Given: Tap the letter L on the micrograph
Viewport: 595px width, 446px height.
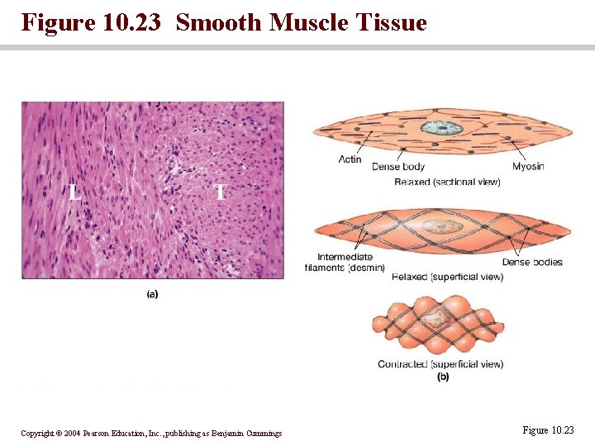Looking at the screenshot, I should [x=74, y=192].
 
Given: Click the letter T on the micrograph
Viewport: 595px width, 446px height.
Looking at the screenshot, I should [x=220, y=192].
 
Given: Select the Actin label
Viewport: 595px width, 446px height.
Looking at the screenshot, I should [x=350, y=159].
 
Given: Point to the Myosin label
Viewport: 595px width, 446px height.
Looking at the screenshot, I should [x=527, y=167].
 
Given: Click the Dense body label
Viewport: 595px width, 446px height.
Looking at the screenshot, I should [x=398, y=167].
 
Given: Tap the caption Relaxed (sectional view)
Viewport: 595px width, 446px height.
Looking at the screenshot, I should [x=447, y=182].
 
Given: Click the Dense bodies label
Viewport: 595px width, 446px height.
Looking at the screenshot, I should [x=532, y=263].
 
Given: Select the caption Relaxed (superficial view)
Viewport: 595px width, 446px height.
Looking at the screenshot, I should [x=447, y=278].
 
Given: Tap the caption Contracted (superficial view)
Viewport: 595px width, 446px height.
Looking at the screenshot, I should [x=440, y=364].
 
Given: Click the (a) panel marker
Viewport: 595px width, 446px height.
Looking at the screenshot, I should [x=152, y=293].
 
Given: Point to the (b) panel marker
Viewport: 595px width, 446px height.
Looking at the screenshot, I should [x=443, y=377].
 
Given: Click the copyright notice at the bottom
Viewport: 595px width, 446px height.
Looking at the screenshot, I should [x=151, y=434].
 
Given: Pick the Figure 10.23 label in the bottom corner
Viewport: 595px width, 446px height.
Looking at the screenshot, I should [x=547, y=430].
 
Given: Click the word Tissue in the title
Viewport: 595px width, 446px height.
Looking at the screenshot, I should [x=389, y=22].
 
